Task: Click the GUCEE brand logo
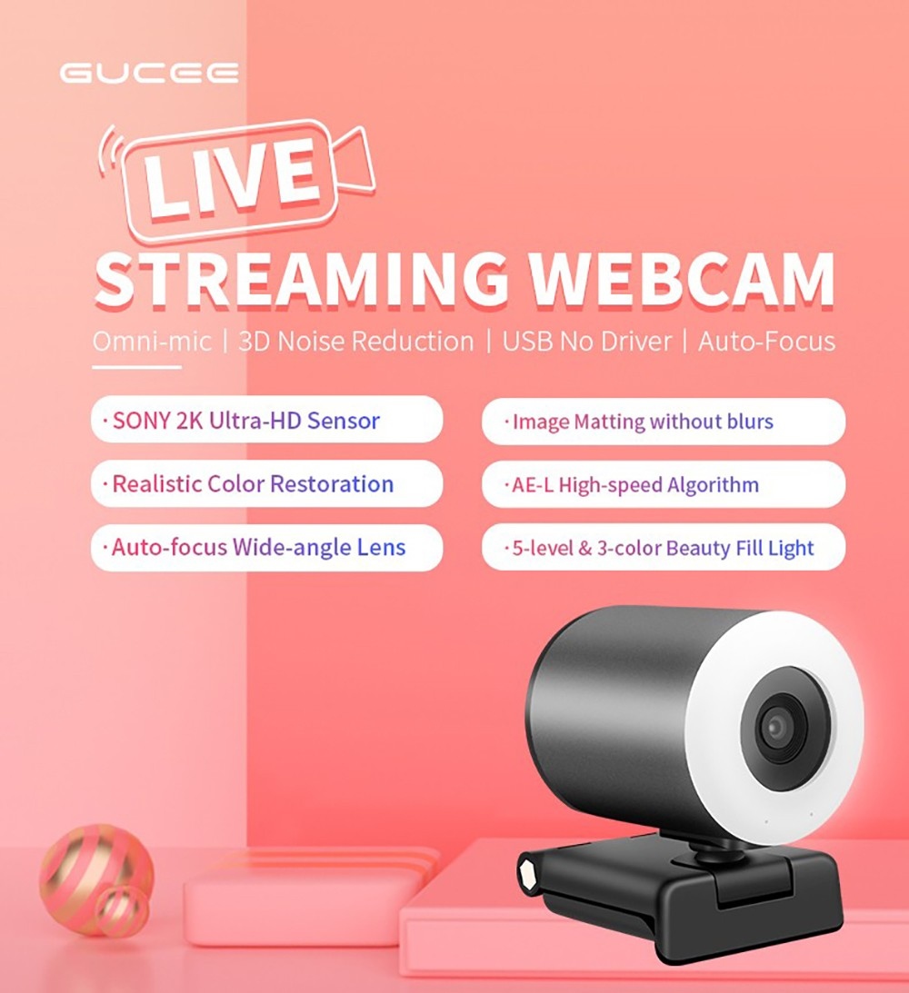149,73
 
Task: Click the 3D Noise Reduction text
355,342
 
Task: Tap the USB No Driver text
587,342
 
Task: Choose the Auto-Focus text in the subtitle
765,342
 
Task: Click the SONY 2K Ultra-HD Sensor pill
266,421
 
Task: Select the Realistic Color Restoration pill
266,483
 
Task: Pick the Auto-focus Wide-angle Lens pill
266,548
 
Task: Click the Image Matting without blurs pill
663,422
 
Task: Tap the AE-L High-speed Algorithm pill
663,484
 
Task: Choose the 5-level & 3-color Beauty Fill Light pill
663,548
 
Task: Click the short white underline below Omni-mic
136,368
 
